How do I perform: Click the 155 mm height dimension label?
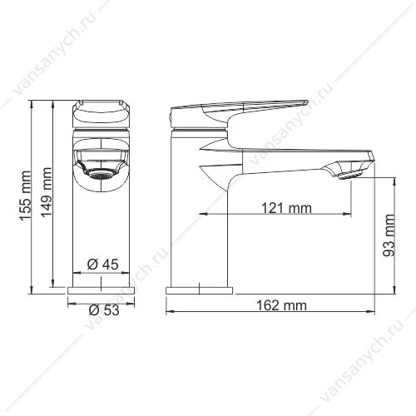(x=26, y=196)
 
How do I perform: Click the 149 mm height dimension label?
(x=47, y=192)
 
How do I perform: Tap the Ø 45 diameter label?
(x=102, y=265)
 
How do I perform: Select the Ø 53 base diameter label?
(x=104, y=310)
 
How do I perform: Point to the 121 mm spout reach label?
(x=286, y=208)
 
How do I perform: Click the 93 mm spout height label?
(x=389, y=235)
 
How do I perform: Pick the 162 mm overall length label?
(x=281, y=305)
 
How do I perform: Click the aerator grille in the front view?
(x=101, y=175)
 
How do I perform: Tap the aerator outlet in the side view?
(x=350, y=176)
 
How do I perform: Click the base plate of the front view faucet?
(x=102, y=290)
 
